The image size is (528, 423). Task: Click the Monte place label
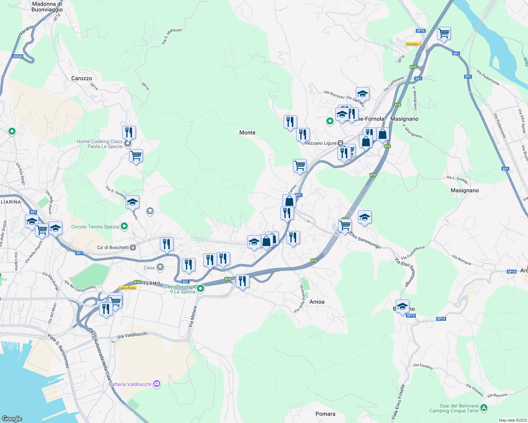tap(247, 133)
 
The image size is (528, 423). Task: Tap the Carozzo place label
tap(82, 78)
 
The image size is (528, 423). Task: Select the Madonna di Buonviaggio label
tap(47, 7)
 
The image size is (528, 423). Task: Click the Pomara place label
tap(325, 414)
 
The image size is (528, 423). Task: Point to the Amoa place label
tap(317, 302)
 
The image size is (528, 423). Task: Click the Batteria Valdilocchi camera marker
tap(157, 384)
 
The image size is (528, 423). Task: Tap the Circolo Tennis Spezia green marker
tap(124, 226)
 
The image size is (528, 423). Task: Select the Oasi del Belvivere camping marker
tap(484, 408)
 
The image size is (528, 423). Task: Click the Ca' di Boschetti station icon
tap(133, 247)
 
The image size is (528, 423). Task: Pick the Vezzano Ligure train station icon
tap(340, 143)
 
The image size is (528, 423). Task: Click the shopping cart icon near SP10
tap(444, 33)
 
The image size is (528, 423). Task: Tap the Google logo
tap(12, 418)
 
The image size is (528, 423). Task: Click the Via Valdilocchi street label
tap(132, 335)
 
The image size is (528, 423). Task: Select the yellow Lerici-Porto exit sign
tap(127, 288)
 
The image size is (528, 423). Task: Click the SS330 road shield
tap(18, 56)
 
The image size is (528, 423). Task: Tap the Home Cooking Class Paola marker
tap(128, 143)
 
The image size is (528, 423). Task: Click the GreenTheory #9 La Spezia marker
tap(200, 289)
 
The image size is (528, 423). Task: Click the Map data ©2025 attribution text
tap(513, 420)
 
